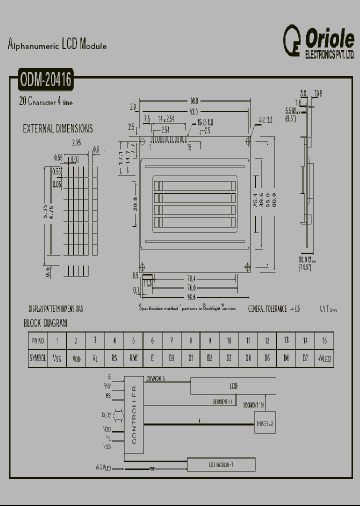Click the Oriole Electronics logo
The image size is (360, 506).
pyautogui.click(x=318, y=41)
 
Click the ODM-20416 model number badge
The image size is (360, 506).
pyautogui.click(x=46, y=80)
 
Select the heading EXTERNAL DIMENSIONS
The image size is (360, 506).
pyautogui.click(x=57, y=128)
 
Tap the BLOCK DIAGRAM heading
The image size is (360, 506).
pyautogui.click(x=45, y=323)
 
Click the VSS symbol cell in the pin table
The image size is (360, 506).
pyautogui.click(x=57, y=358)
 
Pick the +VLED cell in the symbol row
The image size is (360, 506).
pyautogui.click(x=324, y=358)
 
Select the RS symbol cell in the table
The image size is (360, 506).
pyautogui.click(x=114, y=358)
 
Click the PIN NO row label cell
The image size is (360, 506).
pyautogui.click(x=38, y=340)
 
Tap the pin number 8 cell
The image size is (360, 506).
pyautogui.click(x=190, y=340)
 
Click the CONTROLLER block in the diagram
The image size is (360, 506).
pyautogui.click(x=133, y=414)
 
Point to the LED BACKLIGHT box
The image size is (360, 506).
pyautogui.click(x=221, y=465)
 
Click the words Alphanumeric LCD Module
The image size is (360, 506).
pyautogui.click(x=57, y=45)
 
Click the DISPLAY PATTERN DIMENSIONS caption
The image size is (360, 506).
pyautogui.click(x=55, y=309)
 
